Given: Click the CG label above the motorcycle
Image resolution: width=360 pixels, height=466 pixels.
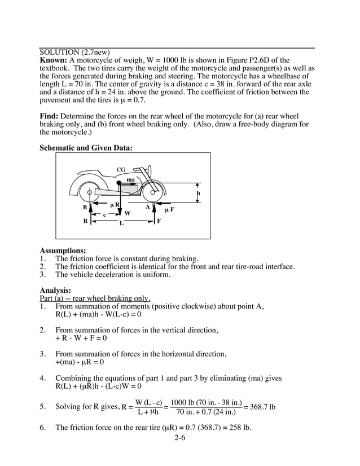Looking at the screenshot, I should coord(121,170).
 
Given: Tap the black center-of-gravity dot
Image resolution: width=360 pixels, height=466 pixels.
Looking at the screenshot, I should coord(119,183).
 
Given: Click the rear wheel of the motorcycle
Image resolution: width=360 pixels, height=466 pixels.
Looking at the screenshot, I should coord(89,193).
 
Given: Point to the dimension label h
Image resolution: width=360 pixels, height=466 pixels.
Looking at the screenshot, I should coord(198,194).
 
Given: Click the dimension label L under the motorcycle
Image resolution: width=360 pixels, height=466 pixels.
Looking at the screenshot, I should coord(121,223).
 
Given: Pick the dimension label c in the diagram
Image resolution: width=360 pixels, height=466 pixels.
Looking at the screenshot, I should coord(104,214).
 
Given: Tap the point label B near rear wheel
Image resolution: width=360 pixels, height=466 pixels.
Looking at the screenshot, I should coord(85,208).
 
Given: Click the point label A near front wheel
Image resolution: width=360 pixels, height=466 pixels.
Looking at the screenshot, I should coord(147,206).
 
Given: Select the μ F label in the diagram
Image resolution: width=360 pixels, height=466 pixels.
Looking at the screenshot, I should coord(169,209).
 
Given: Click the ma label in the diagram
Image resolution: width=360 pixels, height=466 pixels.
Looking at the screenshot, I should coord(130,179).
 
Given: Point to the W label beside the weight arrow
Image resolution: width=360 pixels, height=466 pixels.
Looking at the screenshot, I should coord(127,213).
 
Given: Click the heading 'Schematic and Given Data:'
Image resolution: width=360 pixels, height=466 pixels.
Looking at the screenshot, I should coord(86,148).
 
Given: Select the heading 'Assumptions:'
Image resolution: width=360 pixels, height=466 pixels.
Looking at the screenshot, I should coord(63,250).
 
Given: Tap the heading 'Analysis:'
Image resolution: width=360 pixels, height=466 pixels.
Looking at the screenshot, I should coord(55,291).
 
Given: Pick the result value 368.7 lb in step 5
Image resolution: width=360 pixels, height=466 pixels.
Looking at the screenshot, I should coord(263,407).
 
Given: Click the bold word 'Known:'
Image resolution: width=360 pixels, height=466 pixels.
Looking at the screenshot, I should coord(54,60).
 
